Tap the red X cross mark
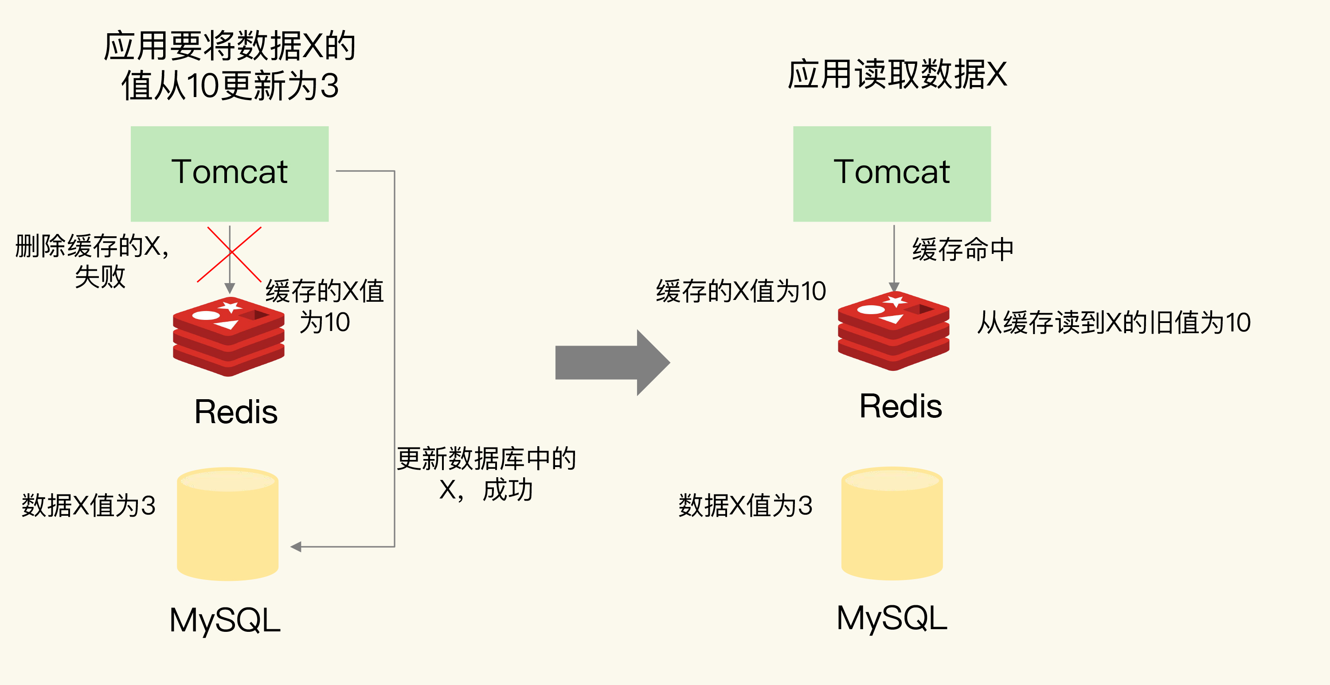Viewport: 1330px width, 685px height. [230, 254]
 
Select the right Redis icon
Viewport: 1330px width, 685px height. [893, 331]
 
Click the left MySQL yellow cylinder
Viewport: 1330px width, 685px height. [228, 524]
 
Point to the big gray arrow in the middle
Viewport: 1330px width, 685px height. [612, 362]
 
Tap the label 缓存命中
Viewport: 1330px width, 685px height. [962, 249]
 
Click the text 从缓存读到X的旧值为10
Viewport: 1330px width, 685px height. [1114, 323]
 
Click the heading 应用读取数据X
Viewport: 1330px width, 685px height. [897, 75]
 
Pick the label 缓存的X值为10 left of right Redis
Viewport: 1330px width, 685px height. [741, 291]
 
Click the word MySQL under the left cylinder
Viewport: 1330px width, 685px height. [225, 620]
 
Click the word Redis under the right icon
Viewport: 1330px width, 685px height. [900, 406]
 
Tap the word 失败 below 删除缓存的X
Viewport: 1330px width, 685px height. [100, 276]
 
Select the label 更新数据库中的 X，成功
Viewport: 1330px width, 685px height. [486, 474]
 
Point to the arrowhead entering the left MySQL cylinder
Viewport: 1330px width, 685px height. [296, 547]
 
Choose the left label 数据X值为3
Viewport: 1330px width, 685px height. [88, 506]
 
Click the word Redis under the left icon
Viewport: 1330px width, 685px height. [236, 412]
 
